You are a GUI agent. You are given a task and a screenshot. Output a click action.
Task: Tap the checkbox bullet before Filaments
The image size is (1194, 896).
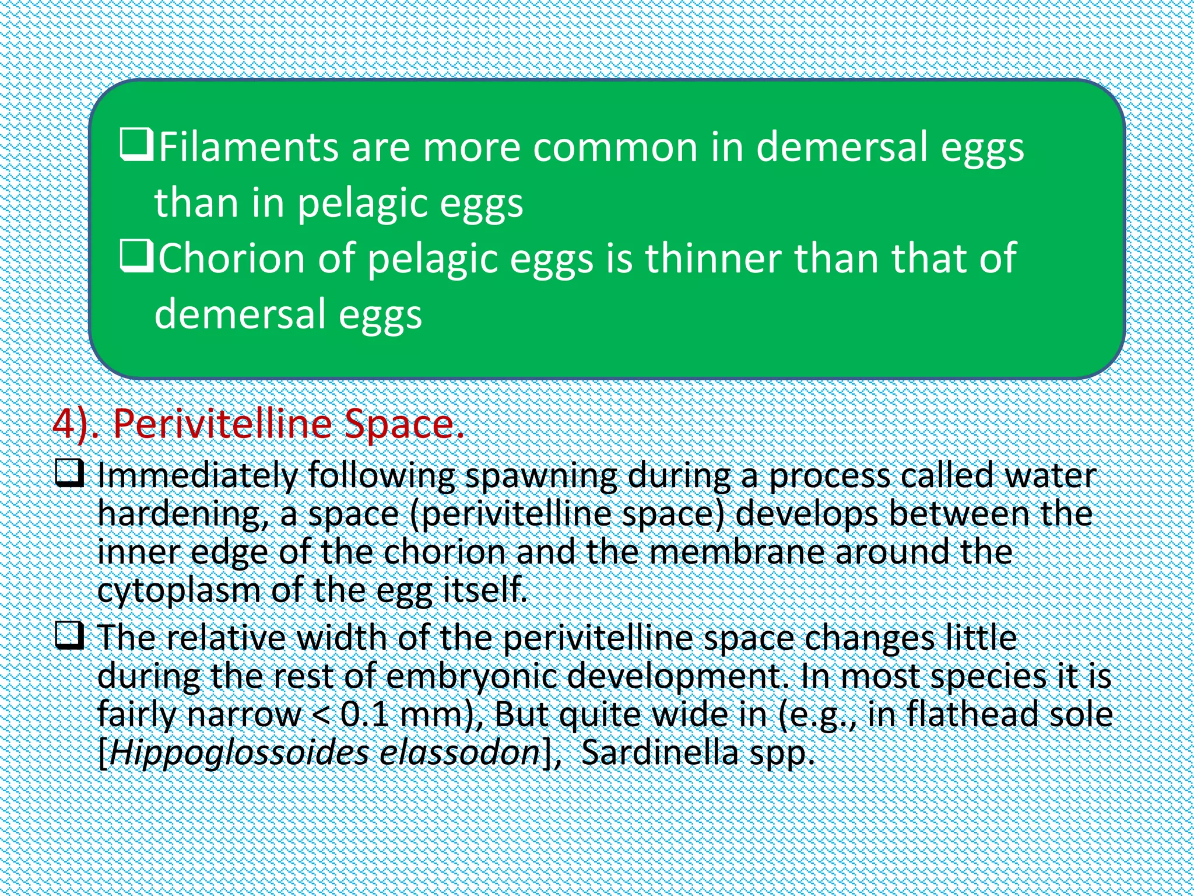click(x=136, y=145)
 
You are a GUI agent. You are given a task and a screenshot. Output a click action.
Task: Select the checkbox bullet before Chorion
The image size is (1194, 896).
click(x=136, y=257)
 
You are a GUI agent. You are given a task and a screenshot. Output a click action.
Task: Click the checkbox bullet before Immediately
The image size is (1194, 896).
click(x=69, y=473)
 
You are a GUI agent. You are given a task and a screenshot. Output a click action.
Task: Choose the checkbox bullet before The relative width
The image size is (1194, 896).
click(x=69, y=635)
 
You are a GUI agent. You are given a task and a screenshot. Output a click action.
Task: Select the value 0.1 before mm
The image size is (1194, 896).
click(x=364, y=715)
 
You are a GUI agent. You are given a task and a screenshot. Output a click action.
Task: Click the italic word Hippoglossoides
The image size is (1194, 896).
click(x=239, y=754)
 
